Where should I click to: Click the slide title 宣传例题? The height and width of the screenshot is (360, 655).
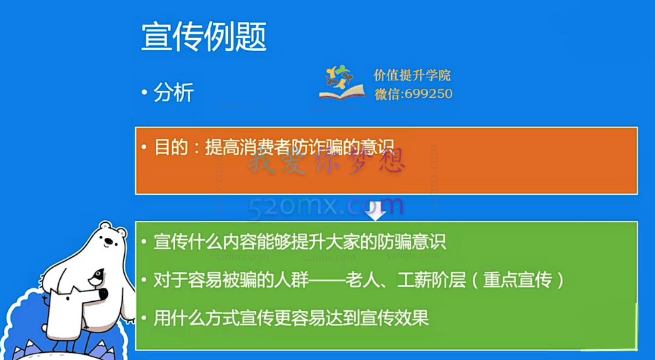[204, 37]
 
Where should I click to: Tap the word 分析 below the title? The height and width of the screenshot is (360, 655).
[174, 93]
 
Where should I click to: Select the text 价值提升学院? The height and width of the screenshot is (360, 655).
[412, 76]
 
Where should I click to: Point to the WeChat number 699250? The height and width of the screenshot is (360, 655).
[428, 93]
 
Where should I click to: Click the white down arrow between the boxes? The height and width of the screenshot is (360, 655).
[377, 210]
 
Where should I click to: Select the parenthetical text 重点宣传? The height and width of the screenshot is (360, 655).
[523, 281]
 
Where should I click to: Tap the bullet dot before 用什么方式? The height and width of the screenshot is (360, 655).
[144, 319]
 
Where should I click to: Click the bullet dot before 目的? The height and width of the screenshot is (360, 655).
[144, 146]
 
